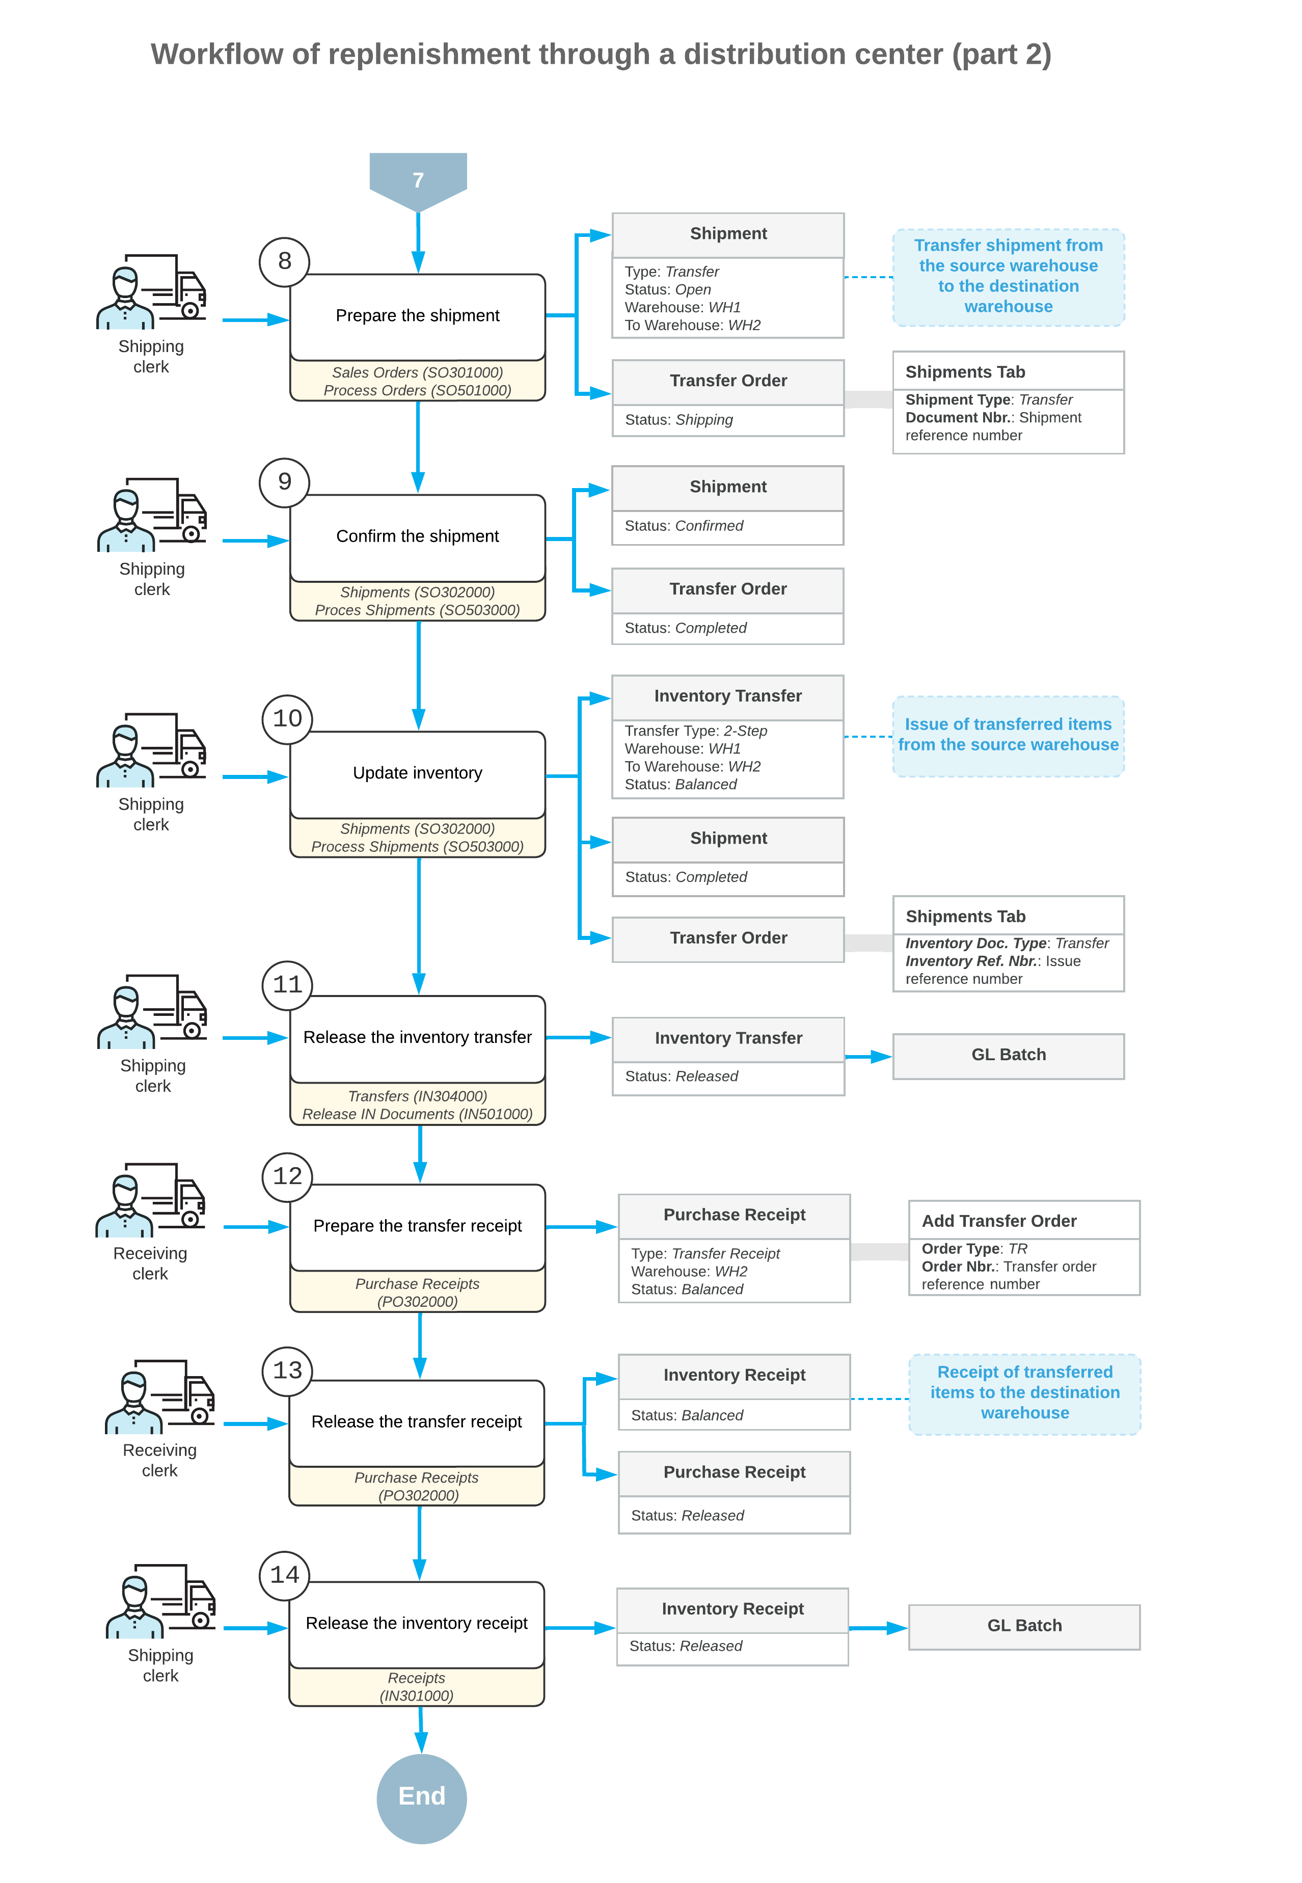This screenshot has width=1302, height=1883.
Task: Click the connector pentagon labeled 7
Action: pyautogui.click(x=418, y=179)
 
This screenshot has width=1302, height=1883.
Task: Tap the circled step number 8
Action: pyautogui.click(x=284, y=261)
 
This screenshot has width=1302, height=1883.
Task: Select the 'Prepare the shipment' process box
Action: pyautogui.click(x=418, y=316)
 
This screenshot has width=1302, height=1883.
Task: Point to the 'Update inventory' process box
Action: pyautogui.click(x=418, y=773)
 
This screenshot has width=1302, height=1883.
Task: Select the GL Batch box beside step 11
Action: pyautogui.click(x=1008, y=1055)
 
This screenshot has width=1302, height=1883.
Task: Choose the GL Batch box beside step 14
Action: pyautogui.click(x=1024, y=1626)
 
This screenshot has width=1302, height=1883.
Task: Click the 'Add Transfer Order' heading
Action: pyautogui.click(x=999, y=1221)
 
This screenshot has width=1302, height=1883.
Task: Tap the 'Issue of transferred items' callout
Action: pyautogui.click(x=1008, y=735)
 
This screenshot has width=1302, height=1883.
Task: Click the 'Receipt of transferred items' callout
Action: pyautogui.click(x=1024, y=1393)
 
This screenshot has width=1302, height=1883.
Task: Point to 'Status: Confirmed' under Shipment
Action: pyautogui.click(x=684, y=526)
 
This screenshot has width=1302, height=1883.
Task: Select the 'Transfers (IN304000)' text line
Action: pyautogui.click(x=418, y=1096)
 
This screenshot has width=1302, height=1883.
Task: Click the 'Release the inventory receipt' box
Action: pyautogui.click(x=417, y=1624)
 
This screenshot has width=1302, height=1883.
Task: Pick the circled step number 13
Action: pyautogui.click(x=287, y=1370)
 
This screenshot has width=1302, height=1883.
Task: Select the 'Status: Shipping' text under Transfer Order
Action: pyautogui.click(x=679, y=420)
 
